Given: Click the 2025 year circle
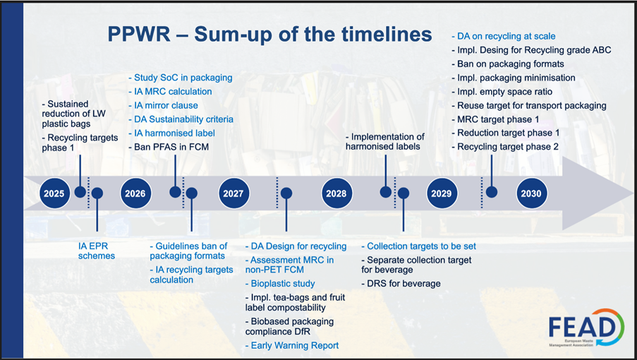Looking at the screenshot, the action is click(x=54, y=193).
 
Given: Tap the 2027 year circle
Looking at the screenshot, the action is click(x=233, y=193).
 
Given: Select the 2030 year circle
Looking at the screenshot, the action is click(x=531, y=193).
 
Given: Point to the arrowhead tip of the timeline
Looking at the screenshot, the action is click(x=633, y=193).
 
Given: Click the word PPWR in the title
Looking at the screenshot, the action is click(x=139, y=34).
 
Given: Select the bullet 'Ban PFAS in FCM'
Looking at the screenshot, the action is click(x=169, y=147).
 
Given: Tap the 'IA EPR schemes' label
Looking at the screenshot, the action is click(x=97, y=251).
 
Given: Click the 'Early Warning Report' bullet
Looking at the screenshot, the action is click(x=292, y=345).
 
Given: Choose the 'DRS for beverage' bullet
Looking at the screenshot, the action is click(x=401, y=284).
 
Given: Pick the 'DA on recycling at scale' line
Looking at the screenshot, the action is click(x=504, y=36).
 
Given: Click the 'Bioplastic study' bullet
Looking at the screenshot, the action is click(x=280, y=284).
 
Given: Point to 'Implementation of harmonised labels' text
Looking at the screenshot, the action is click(x=384, y=142).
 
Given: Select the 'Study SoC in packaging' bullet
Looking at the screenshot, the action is click(x=181, y=78).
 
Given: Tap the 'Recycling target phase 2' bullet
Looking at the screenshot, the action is click(x=505, y=147).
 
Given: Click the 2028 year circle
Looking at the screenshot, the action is click(x=336, y=193).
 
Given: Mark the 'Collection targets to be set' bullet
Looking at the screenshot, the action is click(x=419, y=246).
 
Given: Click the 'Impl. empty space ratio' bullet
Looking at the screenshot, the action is click(x=502, y=92).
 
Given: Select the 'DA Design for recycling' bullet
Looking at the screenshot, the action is click(x=296, y=246).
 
